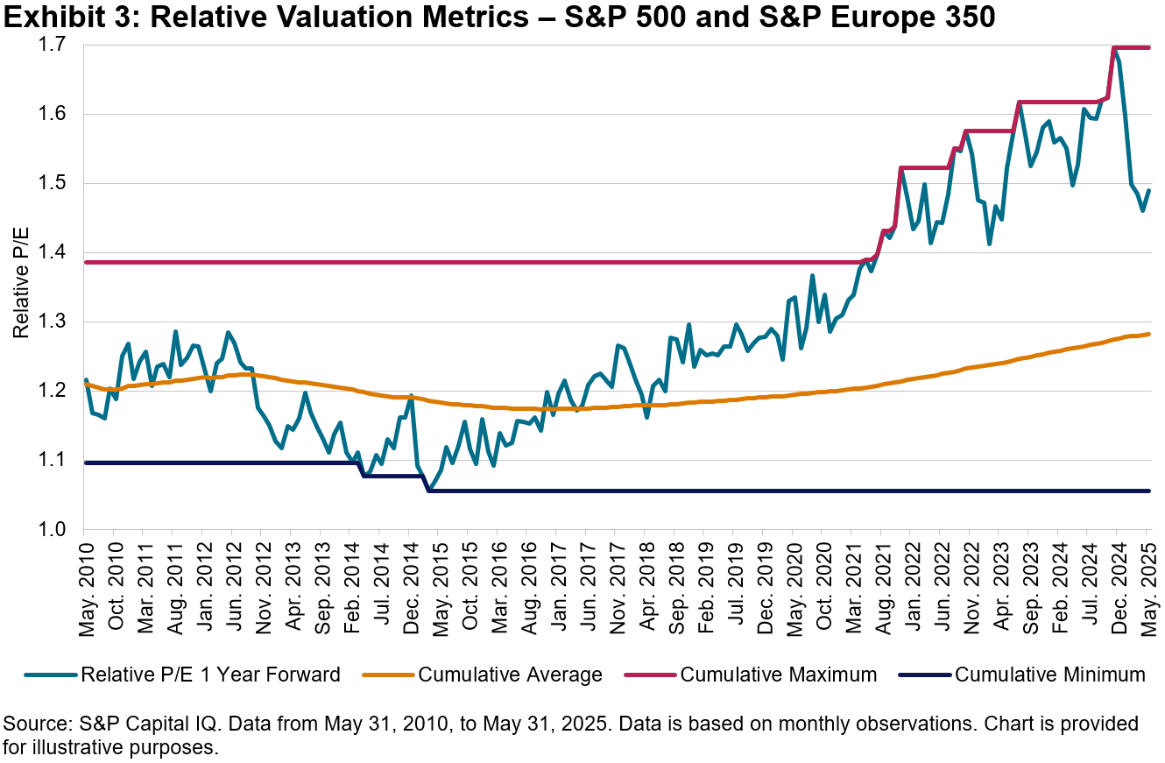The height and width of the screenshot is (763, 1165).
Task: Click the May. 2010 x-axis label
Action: (x=85, y=582)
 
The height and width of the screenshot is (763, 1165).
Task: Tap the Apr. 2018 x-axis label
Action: (x=645, y=582)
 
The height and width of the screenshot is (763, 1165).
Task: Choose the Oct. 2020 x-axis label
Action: (x=822, y=582)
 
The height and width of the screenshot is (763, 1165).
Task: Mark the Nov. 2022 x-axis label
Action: (x=970, y=582)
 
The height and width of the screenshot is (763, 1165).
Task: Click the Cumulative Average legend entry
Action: (x=510, y=675)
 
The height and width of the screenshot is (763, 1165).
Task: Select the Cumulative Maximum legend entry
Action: (x=778, y=675)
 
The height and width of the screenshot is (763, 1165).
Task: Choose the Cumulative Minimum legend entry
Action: (x=1049, y=675)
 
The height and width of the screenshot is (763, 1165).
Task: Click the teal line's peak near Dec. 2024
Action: (x=1113, y=48)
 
